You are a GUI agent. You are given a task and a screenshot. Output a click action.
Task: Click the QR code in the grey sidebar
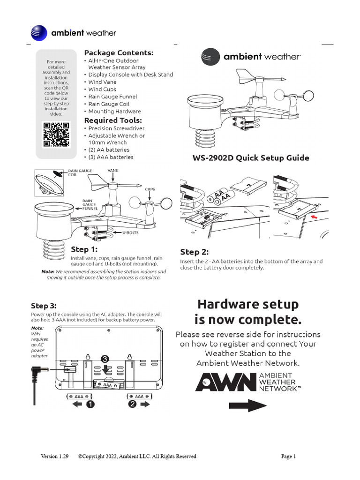click(x=56, y=134)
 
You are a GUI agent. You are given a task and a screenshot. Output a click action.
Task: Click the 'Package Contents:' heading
click(x=119, y=52)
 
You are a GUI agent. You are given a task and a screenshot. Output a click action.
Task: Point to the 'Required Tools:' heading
click(x=114, y=120)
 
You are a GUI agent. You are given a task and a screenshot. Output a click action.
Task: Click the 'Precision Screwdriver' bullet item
click(x=116, y=128)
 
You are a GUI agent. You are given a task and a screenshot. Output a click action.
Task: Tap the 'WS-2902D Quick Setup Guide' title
click(x=251, y=158)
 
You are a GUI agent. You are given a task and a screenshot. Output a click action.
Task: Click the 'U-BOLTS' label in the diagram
click(x=130, y=232)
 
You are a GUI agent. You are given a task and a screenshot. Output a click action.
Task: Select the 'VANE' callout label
click(x=113, y=171)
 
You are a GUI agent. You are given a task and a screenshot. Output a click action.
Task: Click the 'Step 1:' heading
click(x=84, y=249)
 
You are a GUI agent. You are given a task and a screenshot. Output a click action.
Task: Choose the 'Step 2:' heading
click(x=195, y=252)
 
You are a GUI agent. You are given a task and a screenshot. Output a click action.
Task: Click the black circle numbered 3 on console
click(x=105, y=358)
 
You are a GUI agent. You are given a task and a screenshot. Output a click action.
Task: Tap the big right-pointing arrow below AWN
click(x=247, y=406)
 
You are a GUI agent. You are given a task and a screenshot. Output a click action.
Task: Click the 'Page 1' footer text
click(x=288, y=456)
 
